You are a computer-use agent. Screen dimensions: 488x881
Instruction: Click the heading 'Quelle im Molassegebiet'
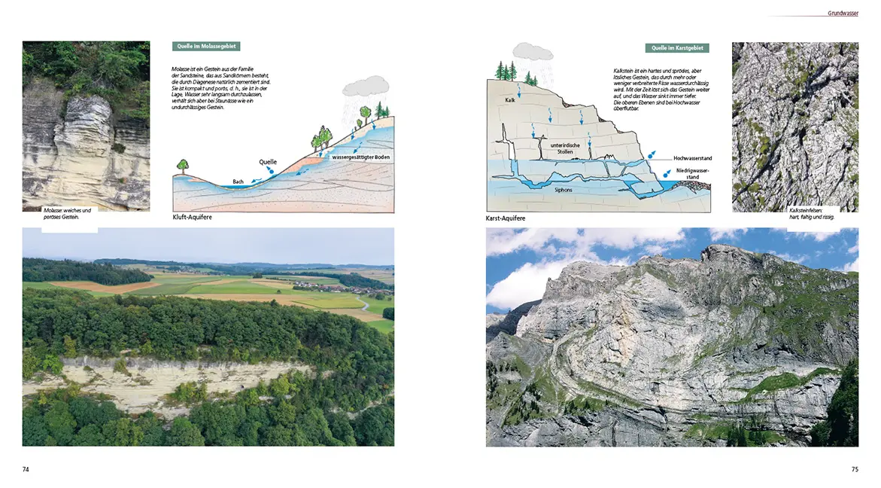(x=205, y=47)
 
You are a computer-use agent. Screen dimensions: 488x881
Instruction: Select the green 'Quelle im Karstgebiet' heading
(x=676, y=48)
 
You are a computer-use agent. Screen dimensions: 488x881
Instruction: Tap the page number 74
(x=26, y=469)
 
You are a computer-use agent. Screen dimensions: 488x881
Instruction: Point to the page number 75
(x=855, y=469)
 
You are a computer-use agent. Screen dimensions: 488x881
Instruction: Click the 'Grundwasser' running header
(x=843, y=13)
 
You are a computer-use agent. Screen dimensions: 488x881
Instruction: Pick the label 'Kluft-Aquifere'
(x=193, y=218)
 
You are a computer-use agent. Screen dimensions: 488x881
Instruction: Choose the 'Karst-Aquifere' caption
(x=506, y=218)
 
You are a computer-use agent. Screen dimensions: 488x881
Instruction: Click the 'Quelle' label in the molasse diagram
(x=268, y=162)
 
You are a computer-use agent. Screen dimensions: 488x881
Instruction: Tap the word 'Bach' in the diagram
(x=238, y=181)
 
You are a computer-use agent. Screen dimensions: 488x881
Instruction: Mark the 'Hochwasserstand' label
(x=692, y=159)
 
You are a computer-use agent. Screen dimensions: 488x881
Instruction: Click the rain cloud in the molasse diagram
(x=366, y=86)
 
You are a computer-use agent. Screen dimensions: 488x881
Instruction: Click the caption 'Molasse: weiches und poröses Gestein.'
(x=67, y=214)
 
